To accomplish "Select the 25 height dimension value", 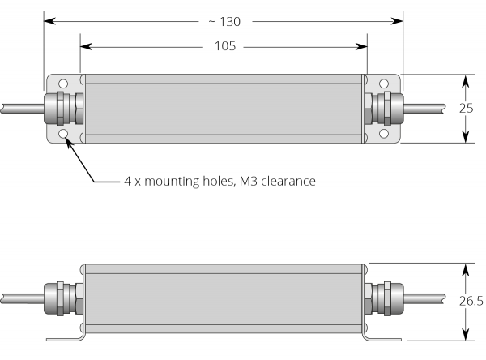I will (x=466, y=109).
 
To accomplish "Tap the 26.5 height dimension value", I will (x=469, y=301).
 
